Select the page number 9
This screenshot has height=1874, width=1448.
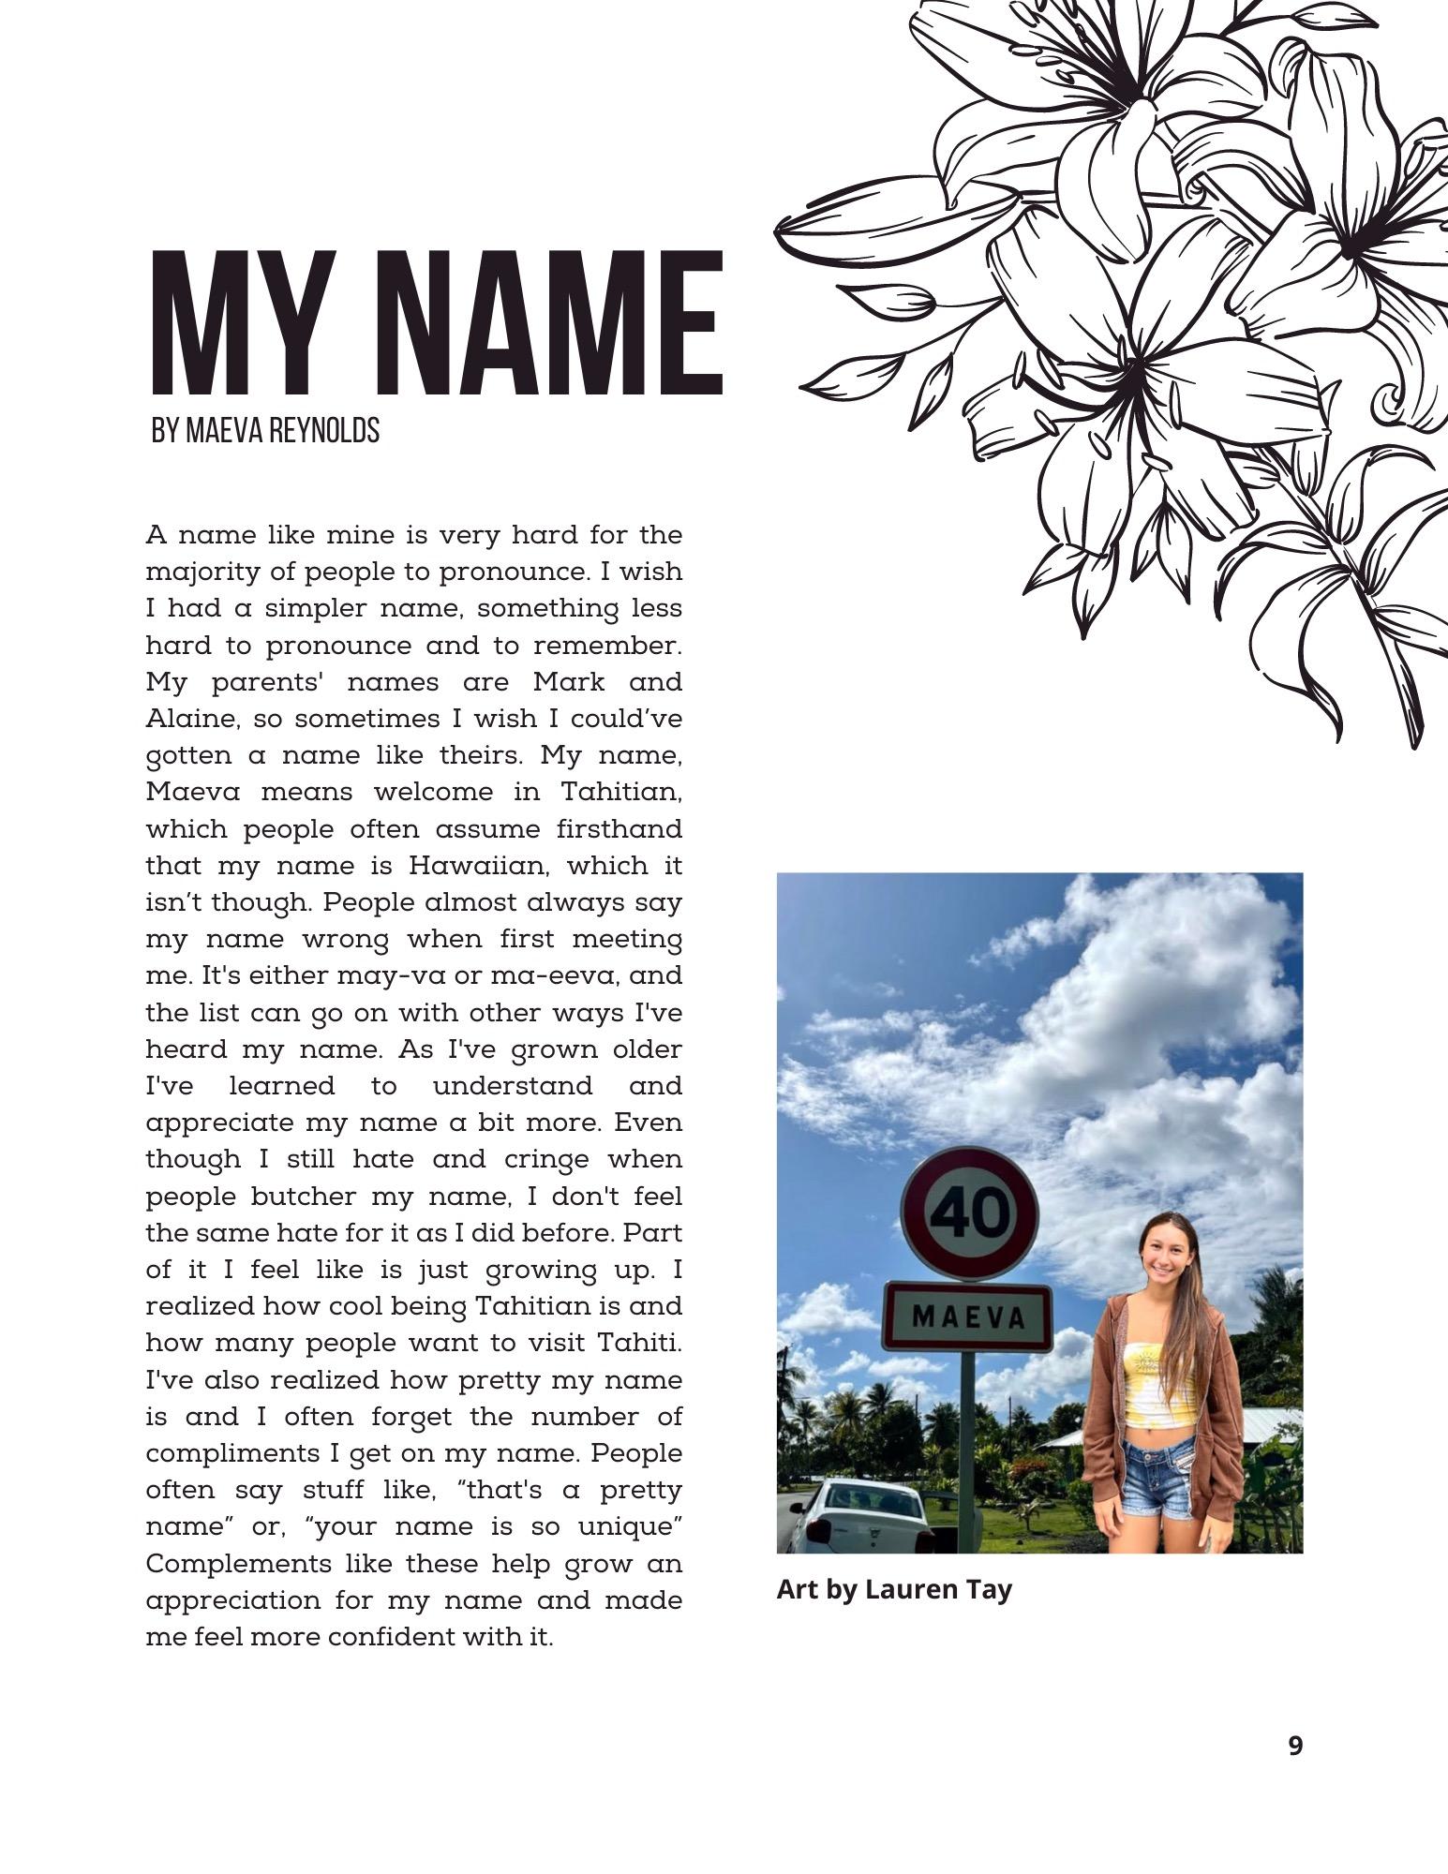pyautogui.click(x=1295, y=1746)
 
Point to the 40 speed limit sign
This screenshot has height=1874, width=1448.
pyautogui.click(x=969, y=1213)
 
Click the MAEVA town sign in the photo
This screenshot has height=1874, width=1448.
pyautogui.click(x=968, y=1316)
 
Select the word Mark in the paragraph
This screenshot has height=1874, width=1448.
pyautogui.click(x=569, y=682)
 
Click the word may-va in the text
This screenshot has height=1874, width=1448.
pyautogui.click(x=394, y=976)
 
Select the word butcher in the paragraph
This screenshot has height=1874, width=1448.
pyautogui.click(x=304, y=1197)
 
